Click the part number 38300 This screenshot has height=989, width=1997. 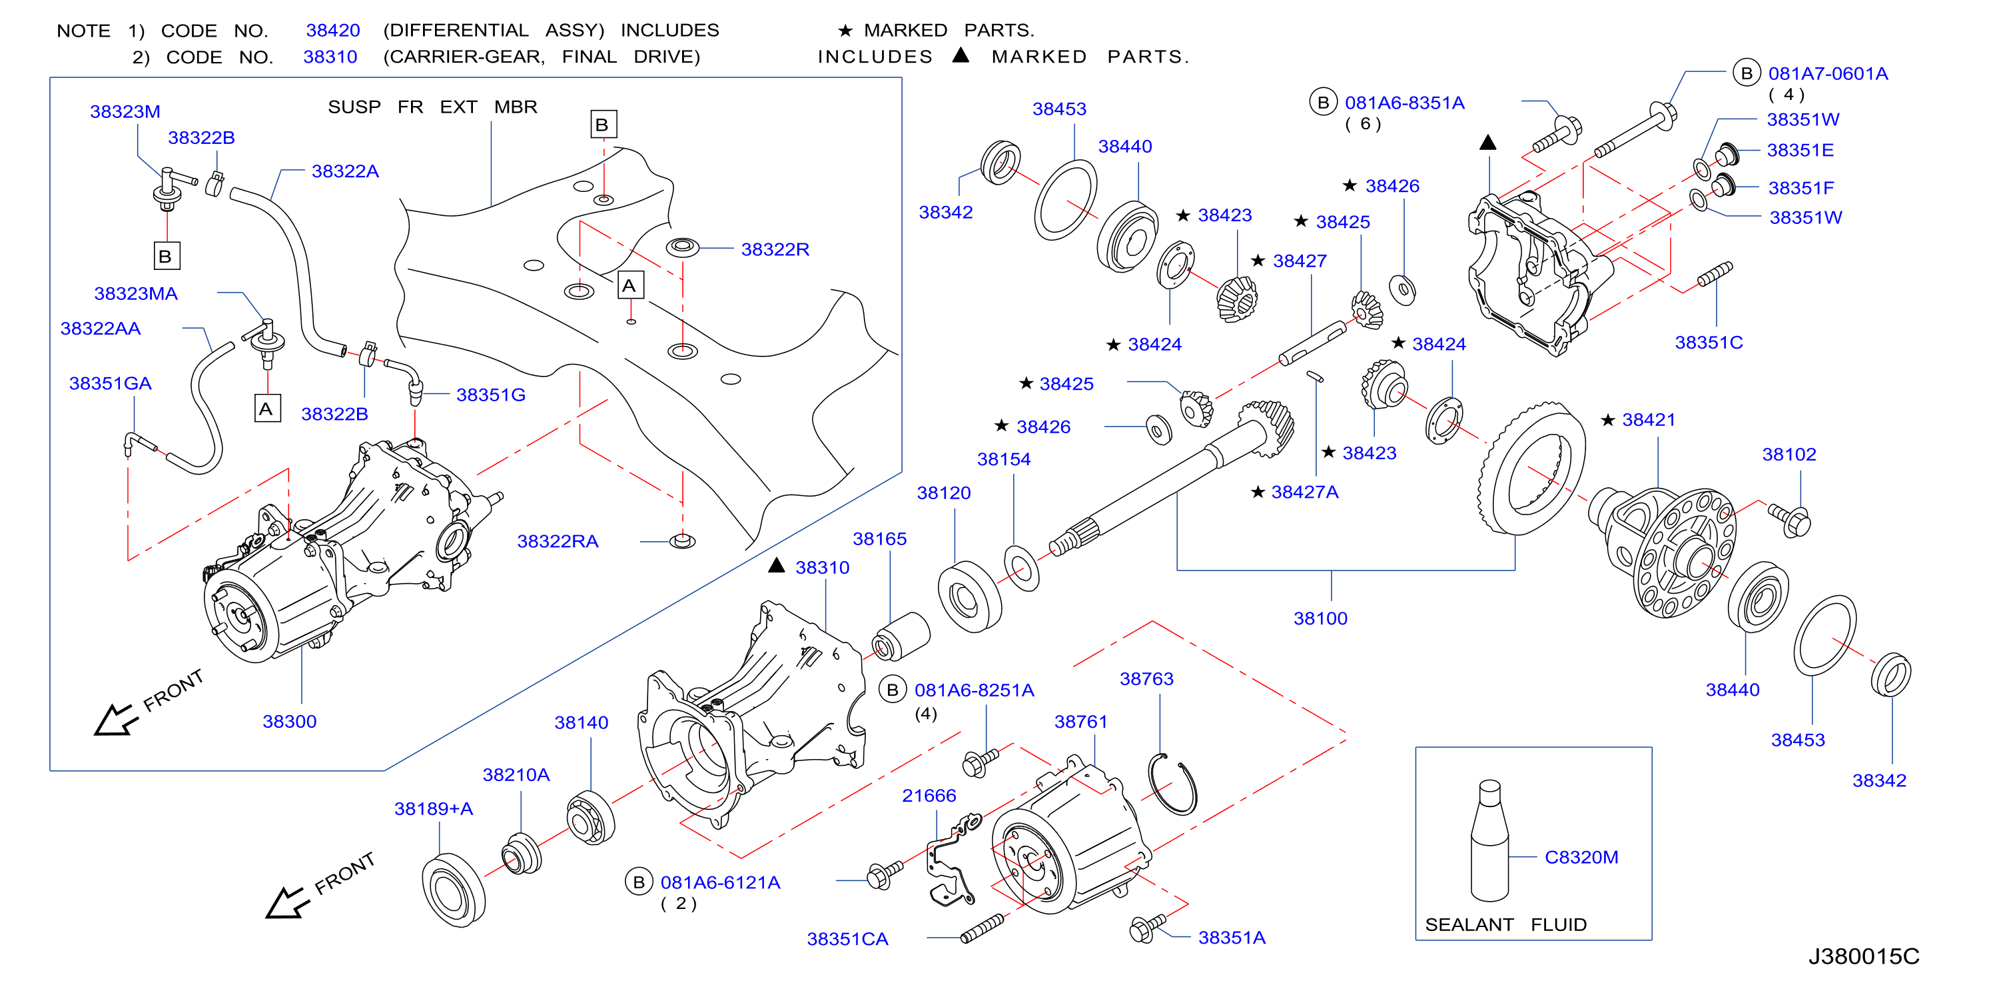(289, 721)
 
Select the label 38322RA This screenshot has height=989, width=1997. (558, 541)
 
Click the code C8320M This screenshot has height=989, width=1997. (1581, 857)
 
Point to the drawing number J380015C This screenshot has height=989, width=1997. (1864, 956)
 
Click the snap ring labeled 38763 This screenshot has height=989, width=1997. (1173, 784)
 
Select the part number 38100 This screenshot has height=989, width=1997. (1320, 618)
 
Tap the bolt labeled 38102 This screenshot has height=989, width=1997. (1789, 520)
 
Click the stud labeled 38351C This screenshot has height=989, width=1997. (1715, 274)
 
